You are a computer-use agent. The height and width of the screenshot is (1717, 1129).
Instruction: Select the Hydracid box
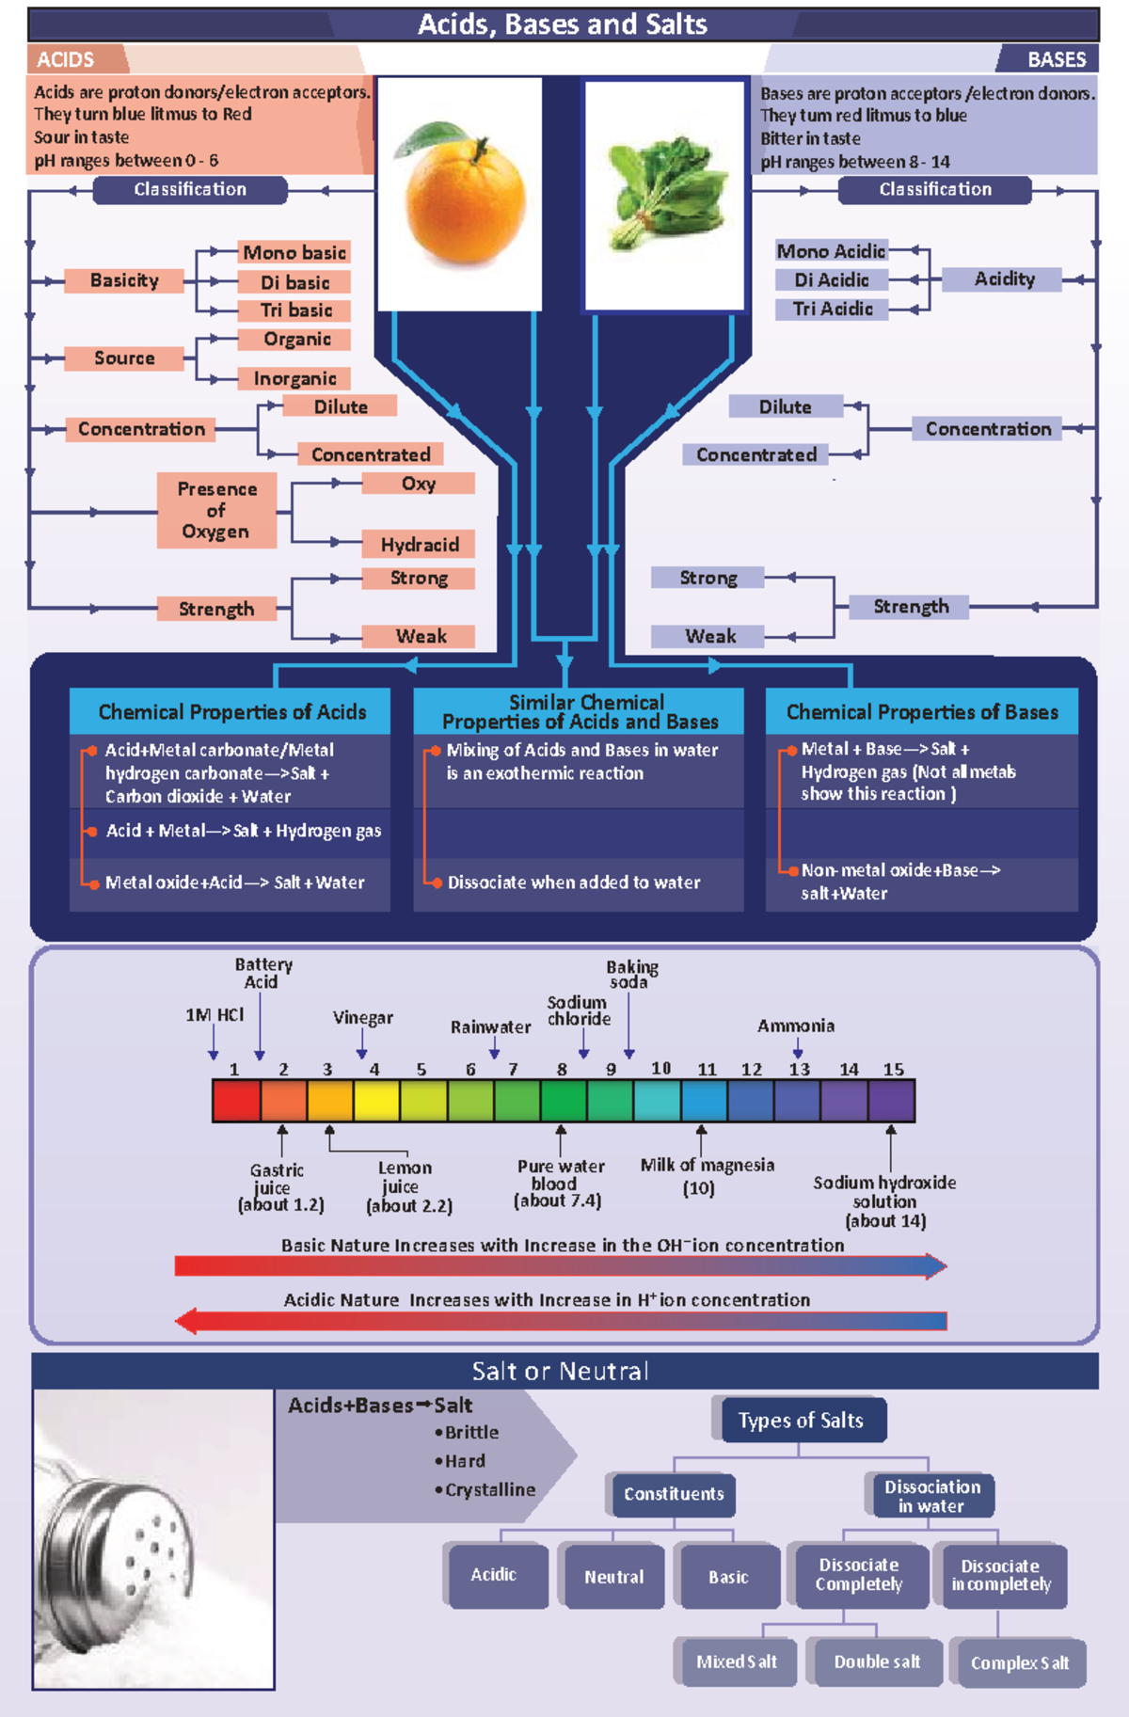click(x=419, y=545)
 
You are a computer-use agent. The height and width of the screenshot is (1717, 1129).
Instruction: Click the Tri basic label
click(x=295, y=310)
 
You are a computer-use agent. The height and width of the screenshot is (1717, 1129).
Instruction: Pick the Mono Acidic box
click(x=831, y=251)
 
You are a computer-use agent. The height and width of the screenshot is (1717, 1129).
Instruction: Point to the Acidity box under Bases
click(x=1003, y=279)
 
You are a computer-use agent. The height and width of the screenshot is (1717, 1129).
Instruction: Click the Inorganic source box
click(x=294, y=378)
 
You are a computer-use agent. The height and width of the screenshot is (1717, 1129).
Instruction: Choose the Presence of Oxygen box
click(x=216, y=511)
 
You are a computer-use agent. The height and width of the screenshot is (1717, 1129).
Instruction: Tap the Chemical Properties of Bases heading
click(x=921, y=712)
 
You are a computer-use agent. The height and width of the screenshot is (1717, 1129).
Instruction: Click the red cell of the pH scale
click(x=236, y=1101)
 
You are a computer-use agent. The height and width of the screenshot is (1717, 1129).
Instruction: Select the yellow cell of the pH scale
click(x=376, y=1101)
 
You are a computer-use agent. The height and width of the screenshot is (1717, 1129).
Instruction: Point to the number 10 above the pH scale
click(x=660, y=1069)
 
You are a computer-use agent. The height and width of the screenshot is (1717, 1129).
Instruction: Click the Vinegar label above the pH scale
click(x=362, y=1018)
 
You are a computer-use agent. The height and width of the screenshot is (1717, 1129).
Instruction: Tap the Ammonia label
click(x=796, y=1026)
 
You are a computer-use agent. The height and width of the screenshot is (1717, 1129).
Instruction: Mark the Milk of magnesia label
click(x=707, y=1166)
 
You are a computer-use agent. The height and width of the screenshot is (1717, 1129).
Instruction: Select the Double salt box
click(x=876, y=1662)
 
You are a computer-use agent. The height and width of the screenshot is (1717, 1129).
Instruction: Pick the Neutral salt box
click(x=613, y=1577)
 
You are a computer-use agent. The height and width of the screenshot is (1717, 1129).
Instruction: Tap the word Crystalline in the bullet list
click(x=490, y=1490)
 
